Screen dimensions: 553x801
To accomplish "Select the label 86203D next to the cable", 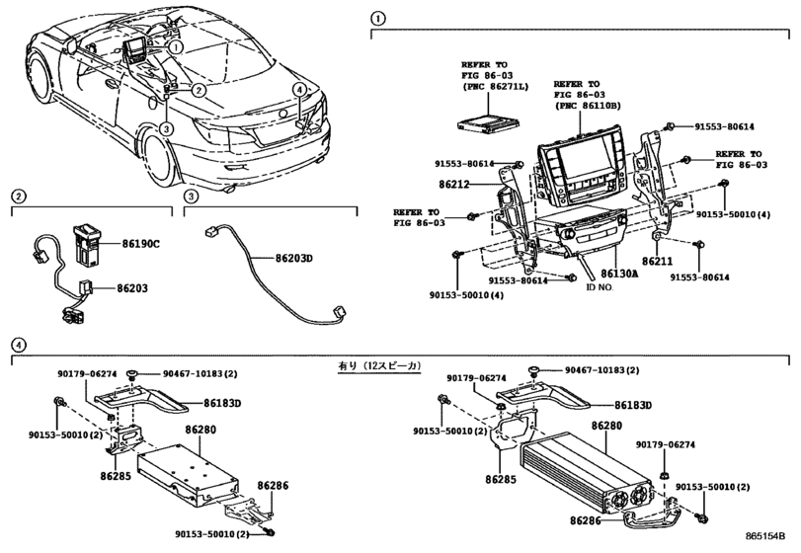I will click(x=292, y=258).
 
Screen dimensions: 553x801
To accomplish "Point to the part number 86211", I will click(x=657, y=262).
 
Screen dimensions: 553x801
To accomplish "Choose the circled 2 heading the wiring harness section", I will click(x=18, y=196).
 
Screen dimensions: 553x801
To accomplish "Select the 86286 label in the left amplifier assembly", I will click(x=273, y=486).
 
